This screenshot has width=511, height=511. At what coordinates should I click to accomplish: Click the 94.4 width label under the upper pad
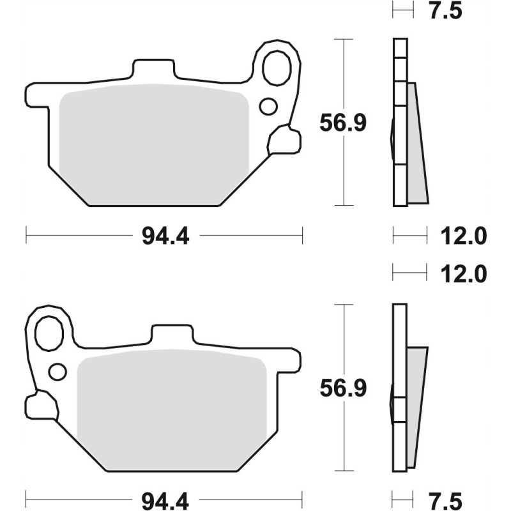click(162, 236)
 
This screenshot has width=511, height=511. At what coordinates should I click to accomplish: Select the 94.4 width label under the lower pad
click(162, 497)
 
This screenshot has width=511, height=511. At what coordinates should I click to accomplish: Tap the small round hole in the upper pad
click(268, 105)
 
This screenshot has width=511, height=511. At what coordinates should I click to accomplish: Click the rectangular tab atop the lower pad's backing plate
click(171, 335)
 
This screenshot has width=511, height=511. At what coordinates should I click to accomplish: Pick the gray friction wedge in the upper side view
click(416, 147)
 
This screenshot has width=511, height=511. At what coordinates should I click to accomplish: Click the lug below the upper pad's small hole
click(283, 140)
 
